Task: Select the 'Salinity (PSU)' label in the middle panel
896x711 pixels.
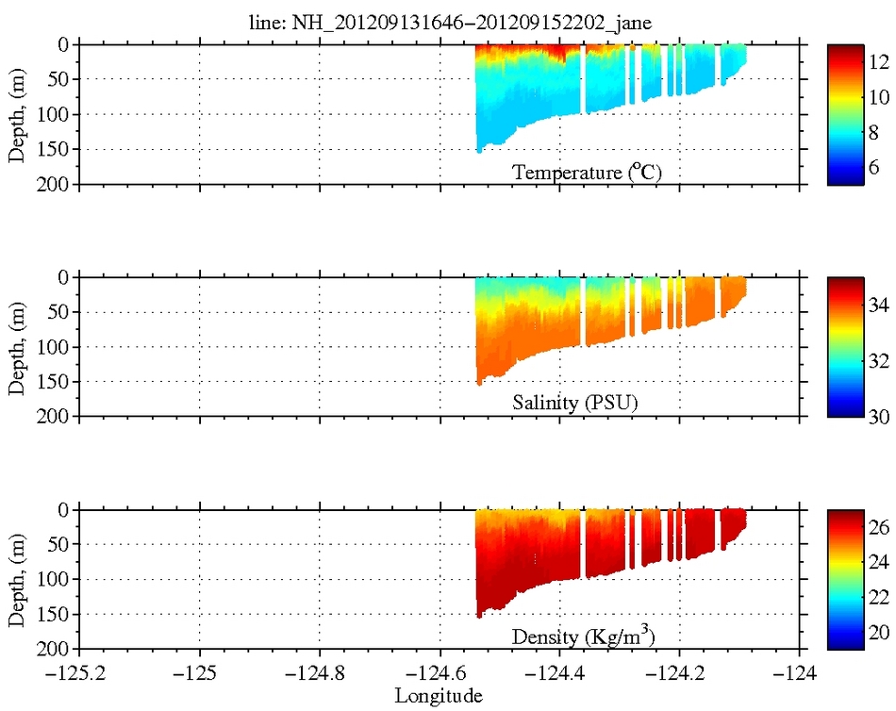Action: coord(575,403)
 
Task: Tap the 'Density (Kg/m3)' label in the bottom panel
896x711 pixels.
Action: coord(583,636)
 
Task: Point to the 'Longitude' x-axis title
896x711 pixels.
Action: coord(439,697)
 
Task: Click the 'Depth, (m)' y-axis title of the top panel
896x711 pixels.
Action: coord(17,113)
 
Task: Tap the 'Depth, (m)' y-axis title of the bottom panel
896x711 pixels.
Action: coord(17,579)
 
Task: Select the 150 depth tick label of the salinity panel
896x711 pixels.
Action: coord(58,382)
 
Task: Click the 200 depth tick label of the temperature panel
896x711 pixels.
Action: coord(58,184)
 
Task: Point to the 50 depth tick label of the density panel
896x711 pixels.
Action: coord(61,545)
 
